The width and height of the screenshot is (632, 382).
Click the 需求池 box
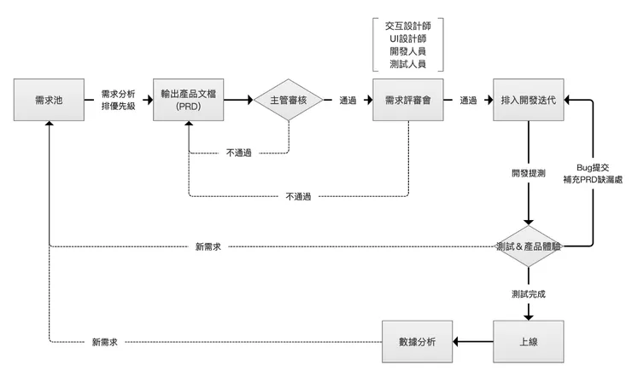(x=50, y=100)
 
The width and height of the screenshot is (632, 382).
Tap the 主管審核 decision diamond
(x=289, y=100)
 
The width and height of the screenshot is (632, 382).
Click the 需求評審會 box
(x=407, y=100)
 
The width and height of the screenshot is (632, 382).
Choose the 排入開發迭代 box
(x=529, y=100)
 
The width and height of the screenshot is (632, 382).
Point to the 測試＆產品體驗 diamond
(x=529, y=246)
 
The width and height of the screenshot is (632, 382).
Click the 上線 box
(x=529, y=341)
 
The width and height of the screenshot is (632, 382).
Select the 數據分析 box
(x=417, y=341)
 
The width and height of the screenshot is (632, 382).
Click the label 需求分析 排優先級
(x=119, y=100)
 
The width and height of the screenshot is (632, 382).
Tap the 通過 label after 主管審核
(x=348, y=101)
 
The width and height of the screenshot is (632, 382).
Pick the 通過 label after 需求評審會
(x=468, y=101)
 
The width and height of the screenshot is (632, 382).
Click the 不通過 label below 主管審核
(x=238, y=153)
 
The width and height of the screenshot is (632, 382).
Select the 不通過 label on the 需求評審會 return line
(x=298, y=197)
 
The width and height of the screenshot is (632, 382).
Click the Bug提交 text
(x=594, y=167)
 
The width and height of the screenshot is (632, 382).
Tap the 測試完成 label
(x=529, y=293)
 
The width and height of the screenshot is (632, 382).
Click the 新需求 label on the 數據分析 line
(x=104, y=342)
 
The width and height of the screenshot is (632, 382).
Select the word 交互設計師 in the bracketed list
(x=407, y=26)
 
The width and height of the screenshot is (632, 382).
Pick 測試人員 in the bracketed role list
(x=407, y=63)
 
